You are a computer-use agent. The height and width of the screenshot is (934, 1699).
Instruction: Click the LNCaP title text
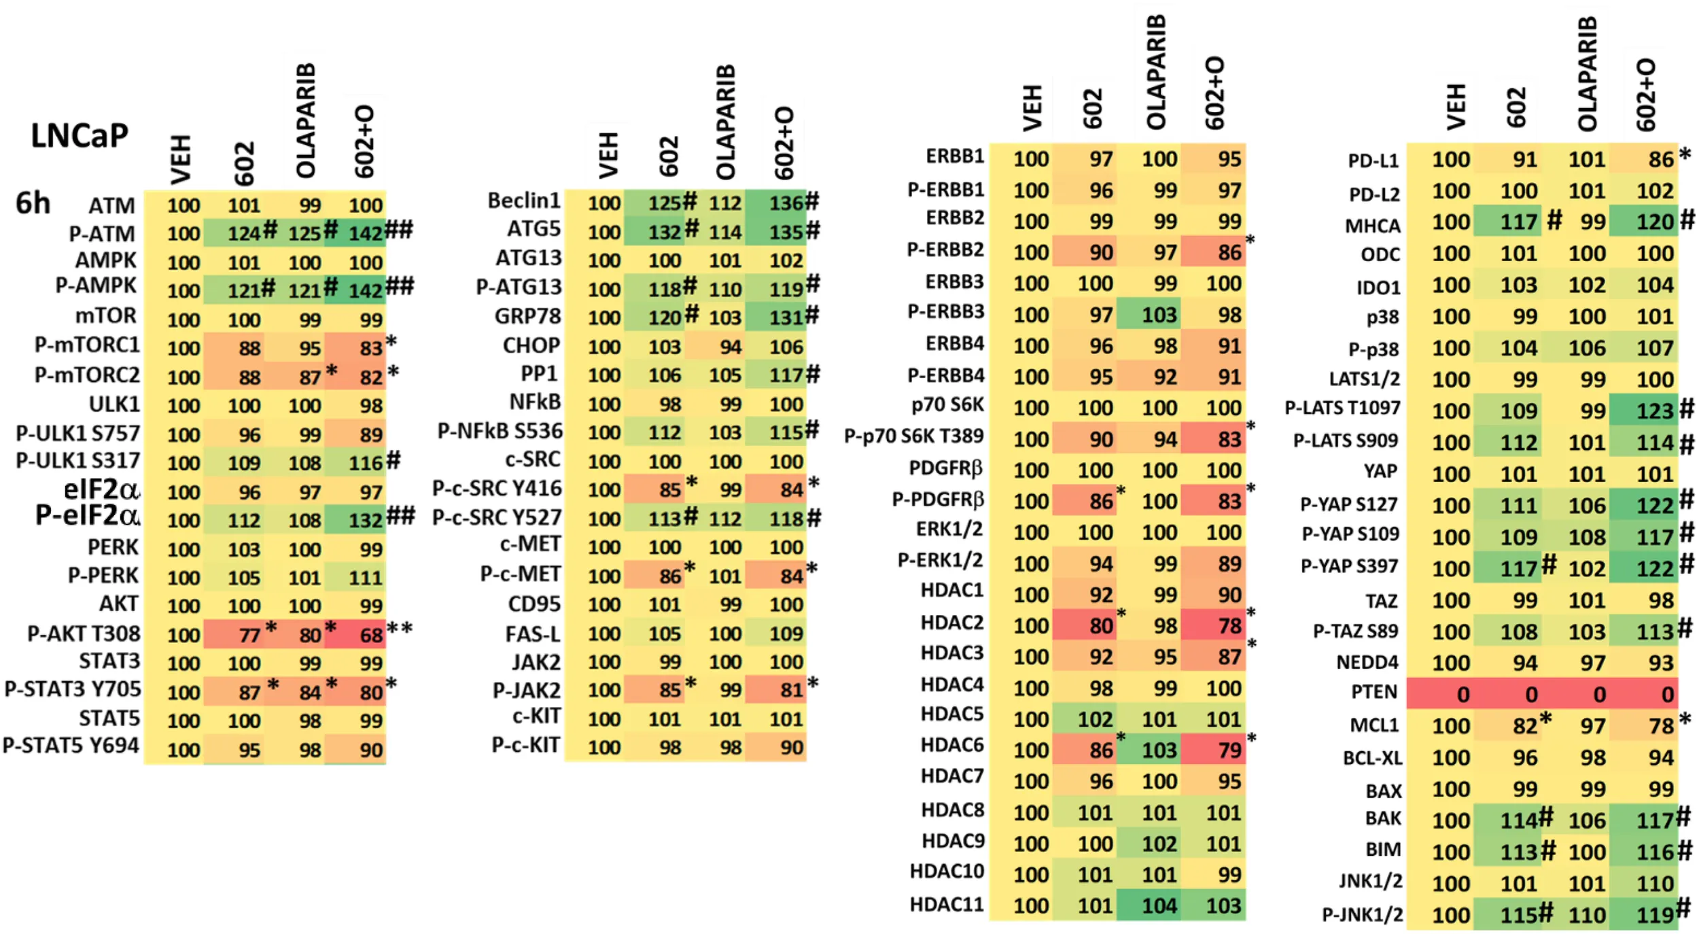(80, 136)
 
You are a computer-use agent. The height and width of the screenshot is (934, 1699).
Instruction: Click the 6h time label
(33, 203)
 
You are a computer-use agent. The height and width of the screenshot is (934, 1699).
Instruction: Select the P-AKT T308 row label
(84, 634)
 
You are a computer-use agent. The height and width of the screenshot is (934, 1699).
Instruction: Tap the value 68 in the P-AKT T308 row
(371, 635)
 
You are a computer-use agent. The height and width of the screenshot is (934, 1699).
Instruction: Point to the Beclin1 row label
(523, 201)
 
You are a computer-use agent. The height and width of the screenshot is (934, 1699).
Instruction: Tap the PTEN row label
(1373, 692)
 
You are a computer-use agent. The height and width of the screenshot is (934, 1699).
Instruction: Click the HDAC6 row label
(951, 745)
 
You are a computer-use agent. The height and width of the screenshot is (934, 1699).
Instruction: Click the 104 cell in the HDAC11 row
(1159, 905)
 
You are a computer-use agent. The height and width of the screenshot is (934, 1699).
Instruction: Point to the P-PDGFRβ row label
(938, 500)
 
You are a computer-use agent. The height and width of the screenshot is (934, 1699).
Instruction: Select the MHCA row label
(1372, 226)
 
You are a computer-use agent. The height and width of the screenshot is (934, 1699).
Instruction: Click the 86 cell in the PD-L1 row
(1661, 160)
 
